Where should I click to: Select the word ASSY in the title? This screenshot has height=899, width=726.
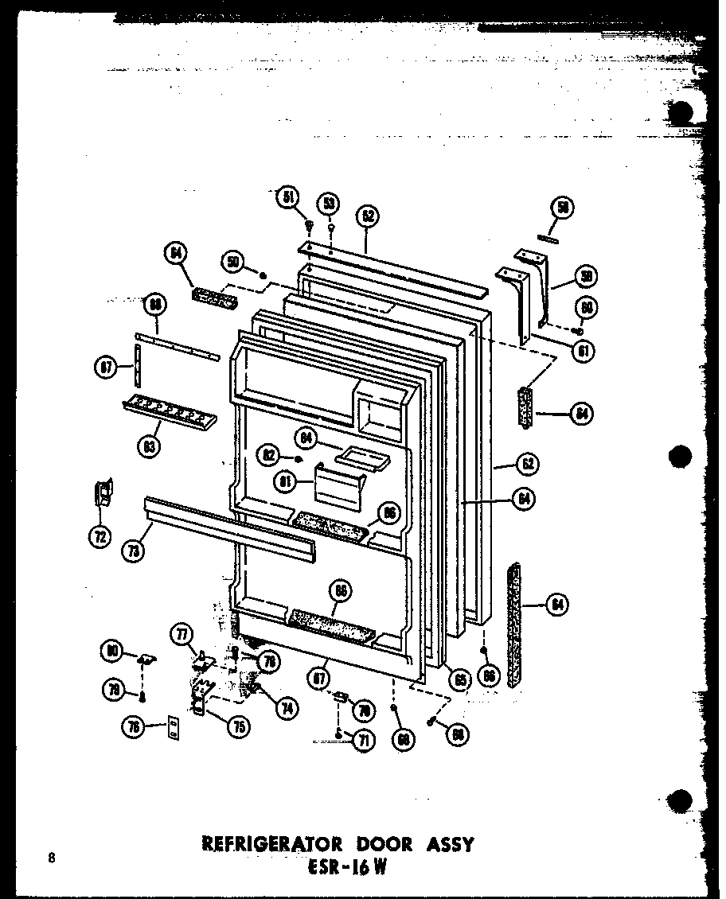(447, 843)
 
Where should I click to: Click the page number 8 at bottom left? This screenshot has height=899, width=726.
(52, 858)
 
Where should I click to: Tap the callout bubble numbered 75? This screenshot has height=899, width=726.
(237, 724)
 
